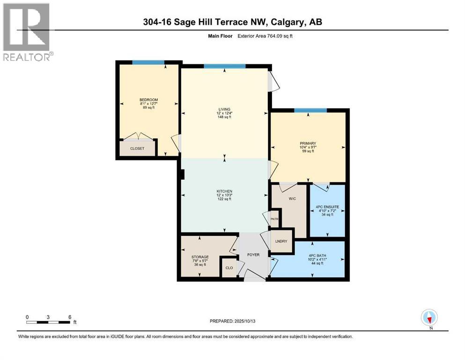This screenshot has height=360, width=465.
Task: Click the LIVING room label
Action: [x=224, y=109]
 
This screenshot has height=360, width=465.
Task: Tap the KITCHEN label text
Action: [x=224, y=191]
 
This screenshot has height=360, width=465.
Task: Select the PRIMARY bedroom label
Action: [x=308, y=143]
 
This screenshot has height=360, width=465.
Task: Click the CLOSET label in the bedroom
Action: [x=137, y=148]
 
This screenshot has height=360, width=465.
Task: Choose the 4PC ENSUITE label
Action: [x=327, y=207]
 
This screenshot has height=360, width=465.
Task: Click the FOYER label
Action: [x=253, y=255]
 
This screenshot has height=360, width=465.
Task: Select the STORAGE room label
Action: [x=199, y=257]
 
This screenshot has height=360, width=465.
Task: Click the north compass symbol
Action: [x=429, y=317]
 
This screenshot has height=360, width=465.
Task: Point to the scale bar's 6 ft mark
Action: [x=70, y=317]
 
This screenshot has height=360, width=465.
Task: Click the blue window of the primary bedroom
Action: [x=310, y=111]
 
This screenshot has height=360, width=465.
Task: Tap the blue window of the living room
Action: [x=224, y=66]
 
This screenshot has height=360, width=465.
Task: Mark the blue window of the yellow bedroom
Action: [x=148, y=62]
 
